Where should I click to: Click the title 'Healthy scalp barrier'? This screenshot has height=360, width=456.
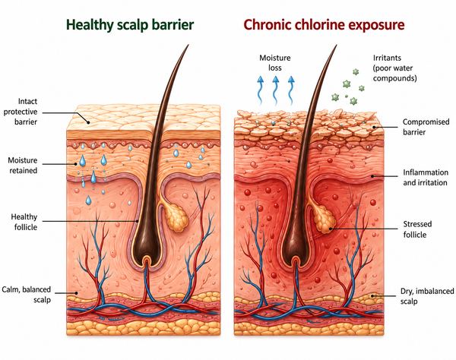130,25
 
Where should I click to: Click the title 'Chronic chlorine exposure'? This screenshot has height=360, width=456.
324,25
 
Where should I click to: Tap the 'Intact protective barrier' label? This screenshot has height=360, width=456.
21,112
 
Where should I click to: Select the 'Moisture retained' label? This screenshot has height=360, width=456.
23,165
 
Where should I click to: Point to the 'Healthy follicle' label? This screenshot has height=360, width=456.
24,222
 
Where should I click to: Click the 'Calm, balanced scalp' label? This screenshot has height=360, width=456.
27,295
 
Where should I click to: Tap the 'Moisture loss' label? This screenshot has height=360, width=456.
275,63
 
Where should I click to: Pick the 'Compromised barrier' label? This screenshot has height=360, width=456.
426,127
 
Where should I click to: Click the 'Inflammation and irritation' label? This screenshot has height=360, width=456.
426,178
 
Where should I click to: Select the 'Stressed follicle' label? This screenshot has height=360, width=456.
417,229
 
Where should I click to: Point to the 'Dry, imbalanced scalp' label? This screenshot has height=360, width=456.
427,296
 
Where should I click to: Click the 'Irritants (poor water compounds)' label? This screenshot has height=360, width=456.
394,68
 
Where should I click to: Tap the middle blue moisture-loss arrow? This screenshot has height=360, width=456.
275,90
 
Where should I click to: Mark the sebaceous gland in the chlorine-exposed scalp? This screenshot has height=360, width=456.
323,219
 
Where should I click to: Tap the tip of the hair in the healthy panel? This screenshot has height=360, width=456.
188,45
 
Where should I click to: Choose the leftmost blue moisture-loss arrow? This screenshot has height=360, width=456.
260,90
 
